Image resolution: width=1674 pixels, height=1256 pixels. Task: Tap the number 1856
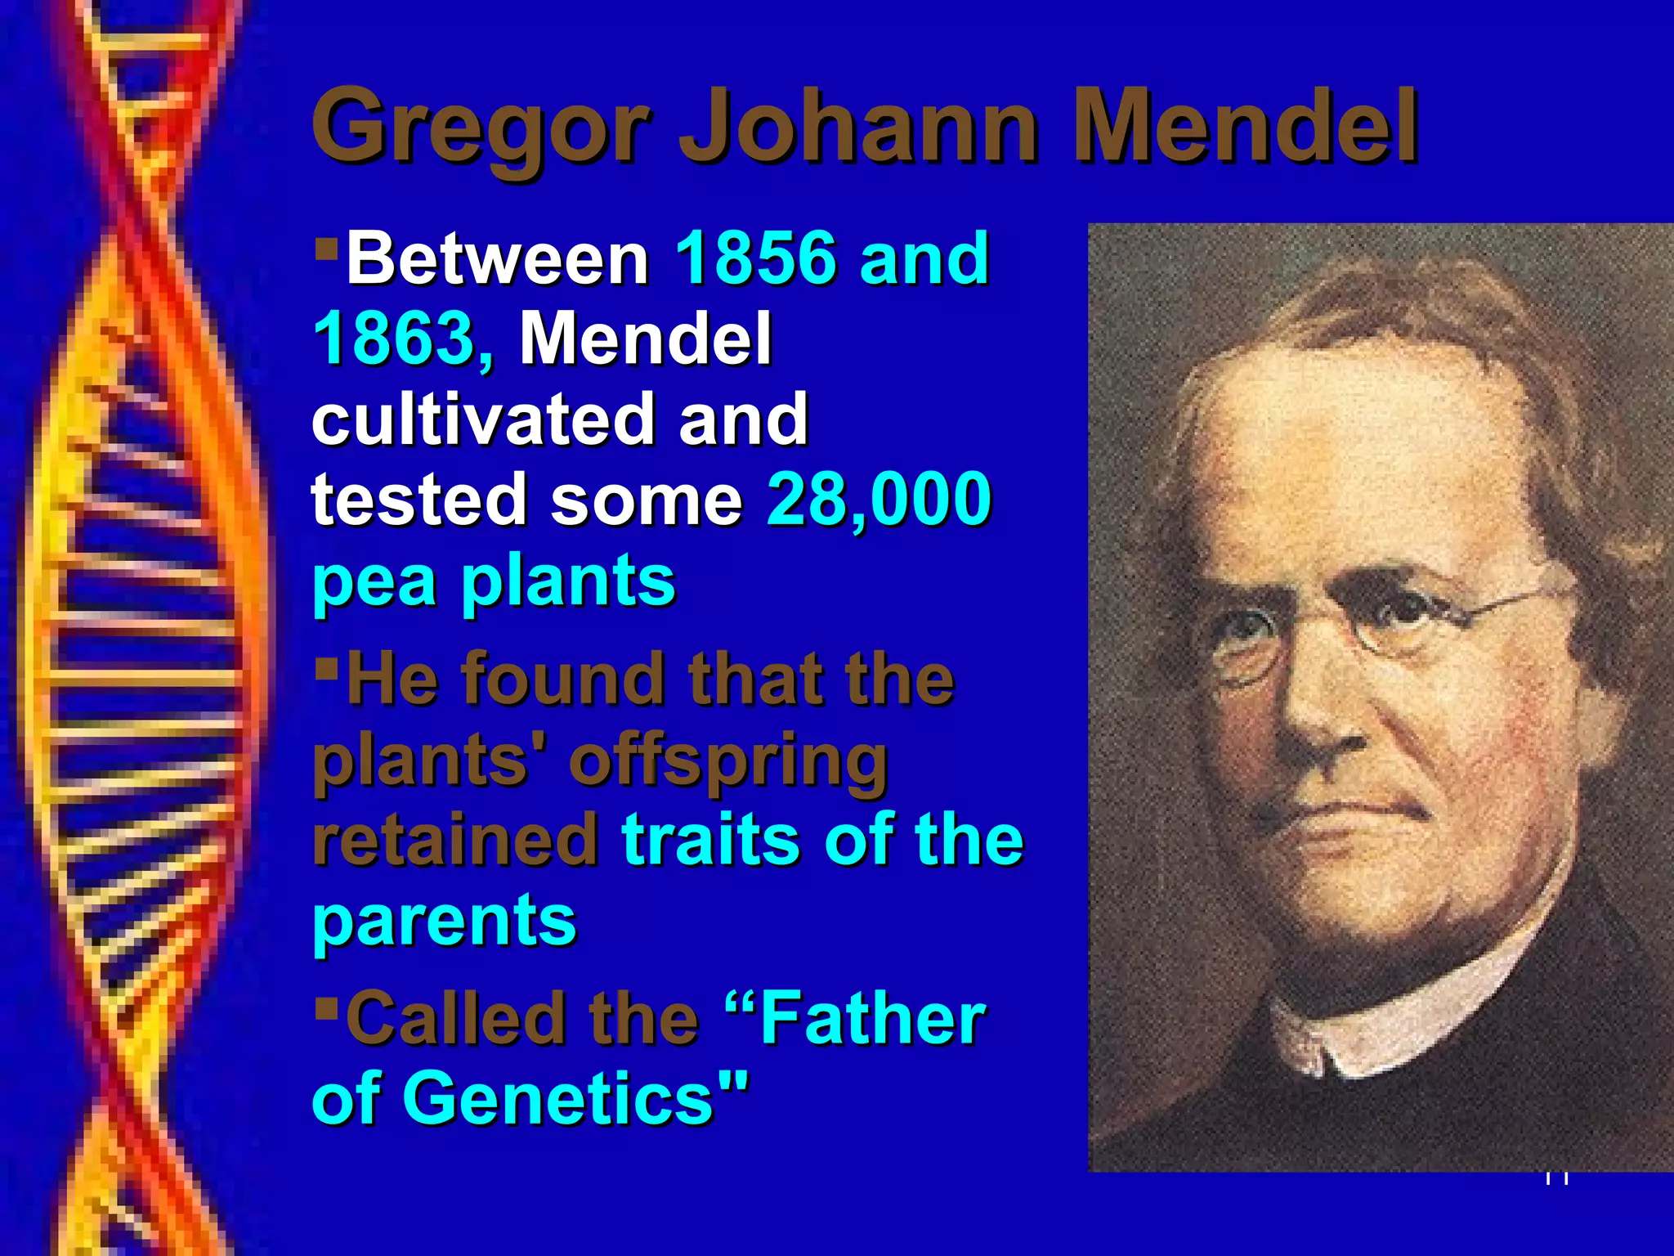pyautogui.click(x=756, y=258)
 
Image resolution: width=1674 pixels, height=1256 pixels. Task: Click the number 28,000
pyautogui.click(x=879, y=499)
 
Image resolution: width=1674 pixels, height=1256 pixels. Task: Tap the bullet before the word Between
pyautogui.click(x=326, y=245)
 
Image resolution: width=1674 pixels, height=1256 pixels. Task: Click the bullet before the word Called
pyautogui.click(x=326, y=1003)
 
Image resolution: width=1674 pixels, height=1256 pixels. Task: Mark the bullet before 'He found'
pyautogui.click(x=326, y=668)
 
